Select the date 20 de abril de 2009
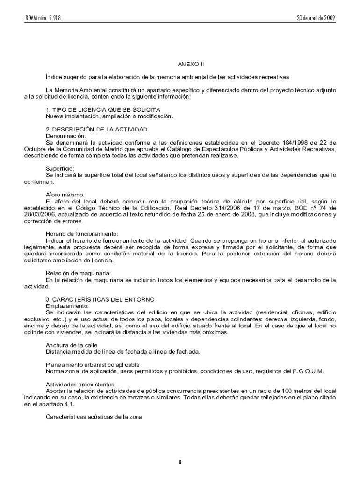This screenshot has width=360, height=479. point(316,18)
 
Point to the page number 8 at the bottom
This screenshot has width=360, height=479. point(180,463)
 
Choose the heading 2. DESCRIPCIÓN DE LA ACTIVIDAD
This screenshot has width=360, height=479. point(96,129)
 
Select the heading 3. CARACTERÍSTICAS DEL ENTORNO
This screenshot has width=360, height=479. point(100,299)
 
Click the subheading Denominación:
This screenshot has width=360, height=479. point(66,136)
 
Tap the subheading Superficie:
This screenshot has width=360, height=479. point(60,168)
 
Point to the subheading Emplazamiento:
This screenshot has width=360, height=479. point(67,305)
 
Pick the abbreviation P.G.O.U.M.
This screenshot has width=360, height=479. point(308,371)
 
